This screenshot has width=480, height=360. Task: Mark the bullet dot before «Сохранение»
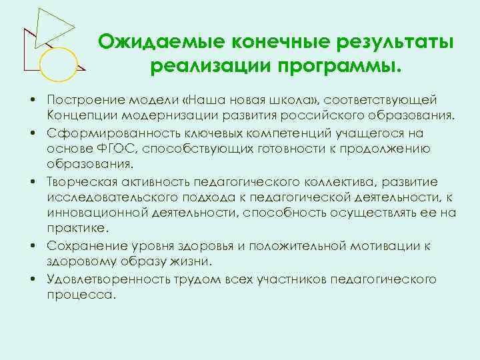32,246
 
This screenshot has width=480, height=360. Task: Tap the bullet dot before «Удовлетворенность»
32,279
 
